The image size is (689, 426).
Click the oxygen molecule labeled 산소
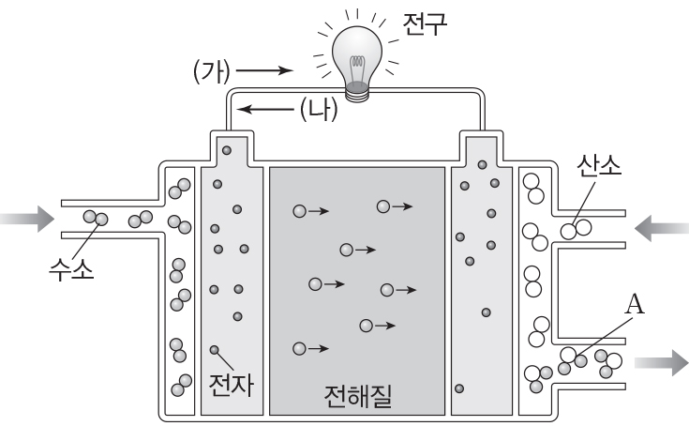click(575, 228)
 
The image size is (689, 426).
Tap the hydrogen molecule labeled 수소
click(97, 219)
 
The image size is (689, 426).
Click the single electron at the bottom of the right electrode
click(459, 387)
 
